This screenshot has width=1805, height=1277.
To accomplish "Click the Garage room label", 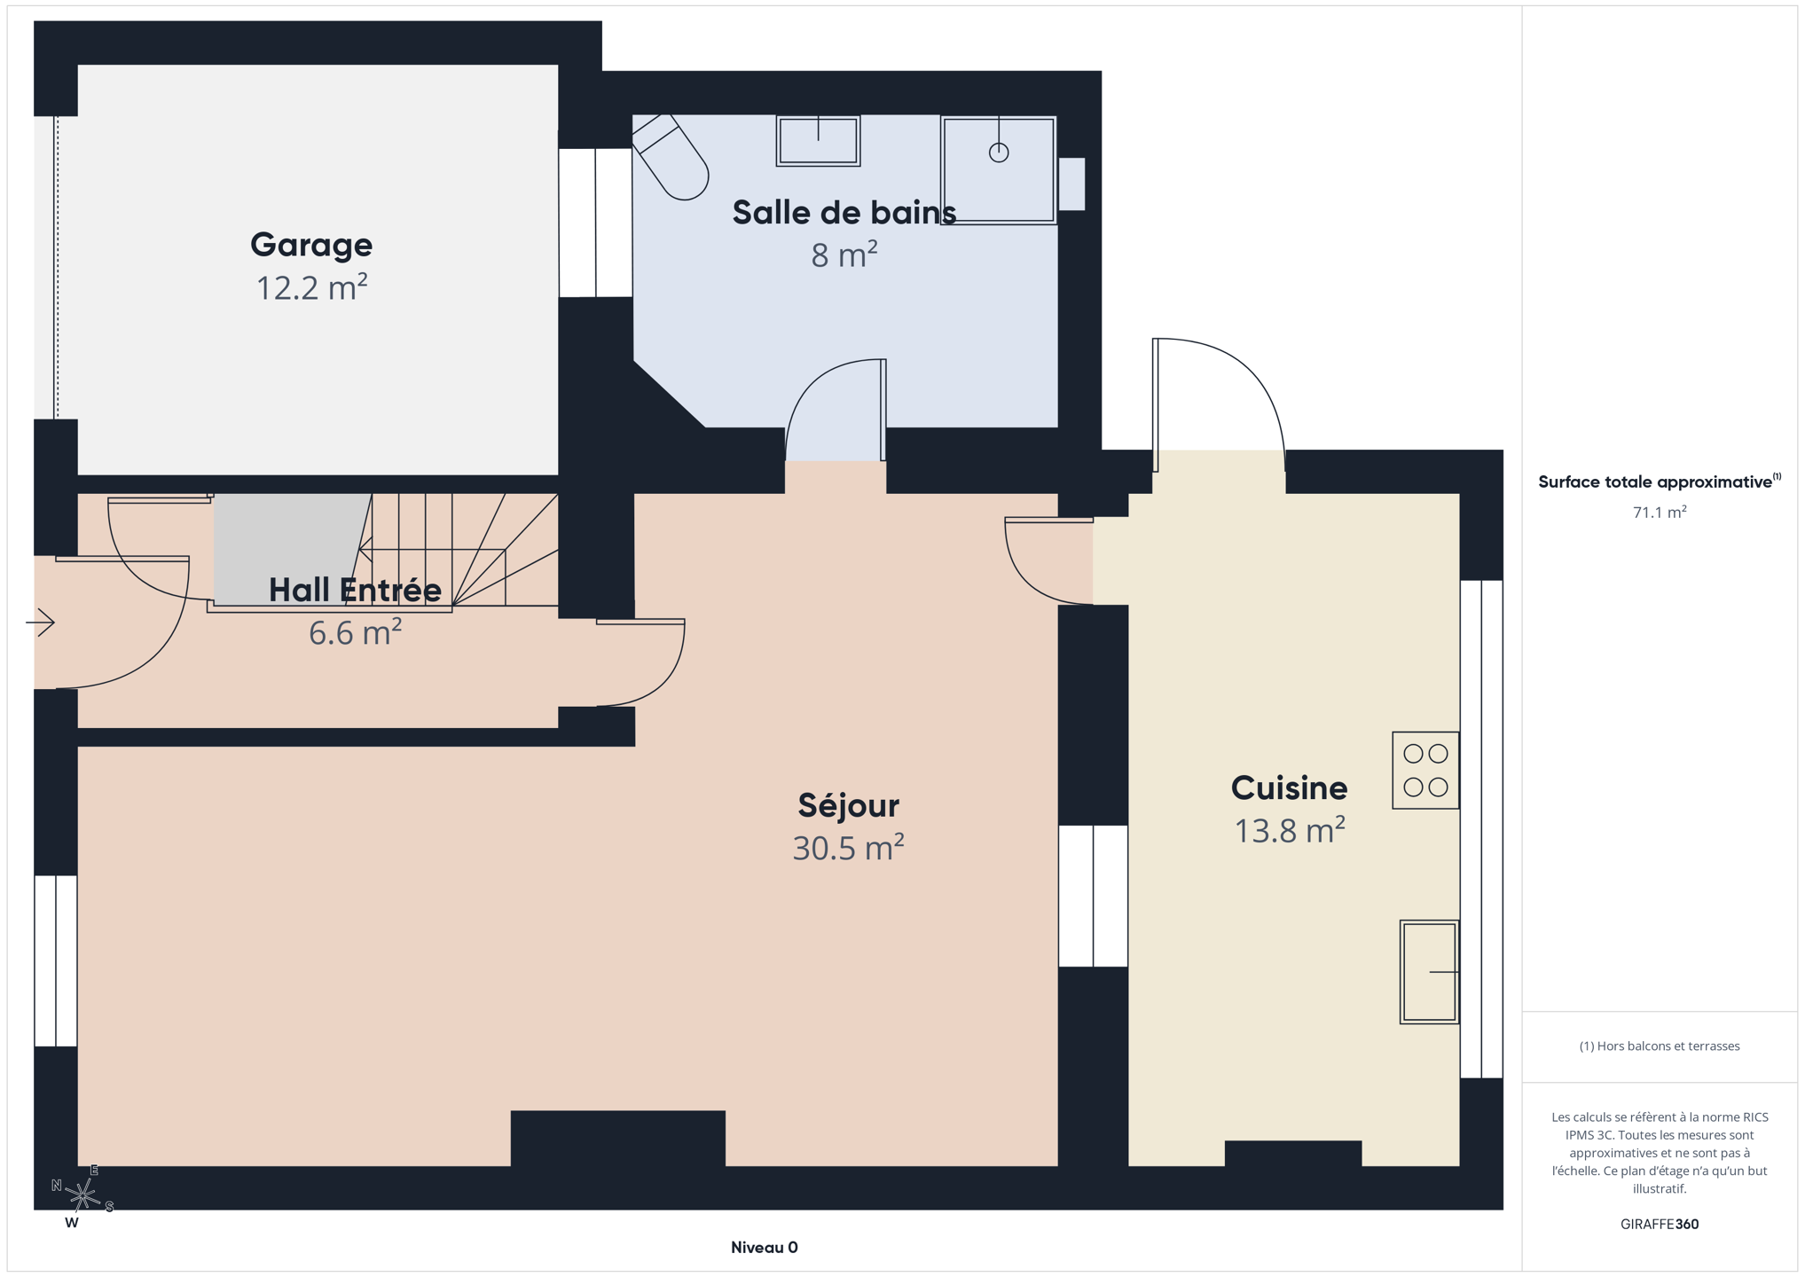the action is pos(311,246).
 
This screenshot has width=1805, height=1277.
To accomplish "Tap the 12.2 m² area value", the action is pos(311,287).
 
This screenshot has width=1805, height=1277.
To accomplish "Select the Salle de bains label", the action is pos(844,213).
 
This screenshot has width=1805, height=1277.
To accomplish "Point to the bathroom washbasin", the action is pos(818,140).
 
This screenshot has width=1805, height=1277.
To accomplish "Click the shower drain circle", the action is pos(999,153).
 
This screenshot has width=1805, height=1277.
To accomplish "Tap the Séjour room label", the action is pos(848,805).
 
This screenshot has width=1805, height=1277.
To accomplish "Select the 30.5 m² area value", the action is pos(848,848).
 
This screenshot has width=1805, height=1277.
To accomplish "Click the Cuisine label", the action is pos(1289,787).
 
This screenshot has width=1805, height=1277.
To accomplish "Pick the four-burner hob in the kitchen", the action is pos(1425,770).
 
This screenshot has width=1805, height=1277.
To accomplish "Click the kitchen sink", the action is pos(1429,972).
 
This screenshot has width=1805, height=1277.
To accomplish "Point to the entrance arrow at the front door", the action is pos(40,623).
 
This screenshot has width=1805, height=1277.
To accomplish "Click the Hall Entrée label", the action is pos(355,590).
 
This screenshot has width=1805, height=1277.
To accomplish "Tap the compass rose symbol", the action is pos(82,1196).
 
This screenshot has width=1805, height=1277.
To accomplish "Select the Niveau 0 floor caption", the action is pos(764,1248).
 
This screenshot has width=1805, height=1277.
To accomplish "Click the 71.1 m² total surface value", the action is pos(1660,512).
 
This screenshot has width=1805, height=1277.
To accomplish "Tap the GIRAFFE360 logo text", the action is pos(1660,1224).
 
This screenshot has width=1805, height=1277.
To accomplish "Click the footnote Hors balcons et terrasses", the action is pos(1660,1046).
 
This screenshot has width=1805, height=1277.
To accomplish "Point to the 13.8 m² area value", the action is pos(1290,830).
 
